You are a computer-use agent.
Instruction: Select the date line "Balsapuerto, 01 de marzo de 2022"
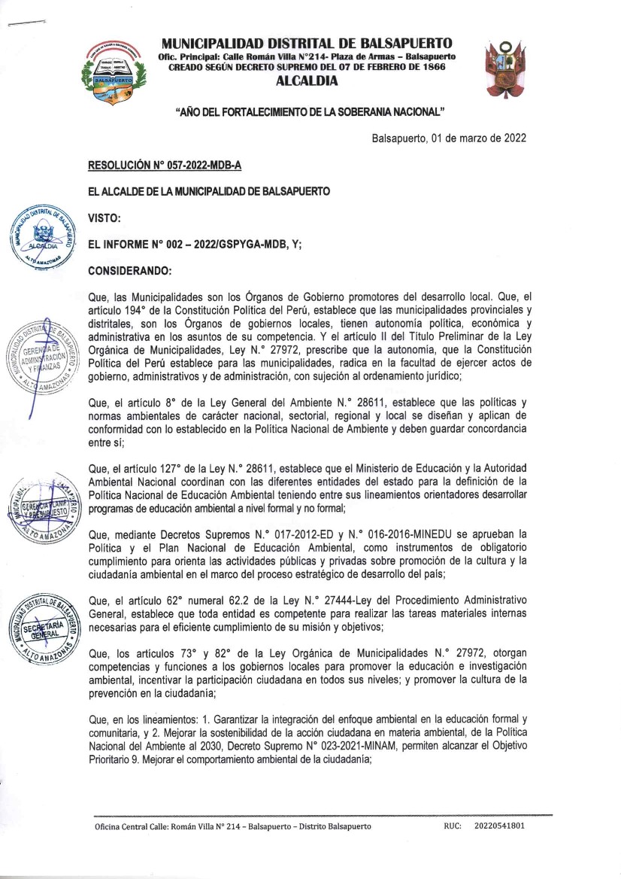(x=449, y=138)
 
